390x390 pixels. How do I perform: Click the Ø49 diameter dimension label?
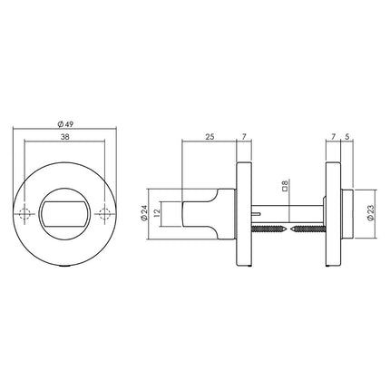tap(65, 124)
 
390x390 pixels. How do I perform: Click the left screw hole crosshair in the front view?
tap(25, 214)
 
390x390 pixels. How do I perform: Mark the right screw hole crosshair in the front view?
tap(105, 214)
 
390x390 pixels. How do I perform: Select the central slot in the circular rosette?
tap(65, 214)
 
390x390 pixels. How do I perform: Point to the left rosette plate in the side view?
tap(242, 214)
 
